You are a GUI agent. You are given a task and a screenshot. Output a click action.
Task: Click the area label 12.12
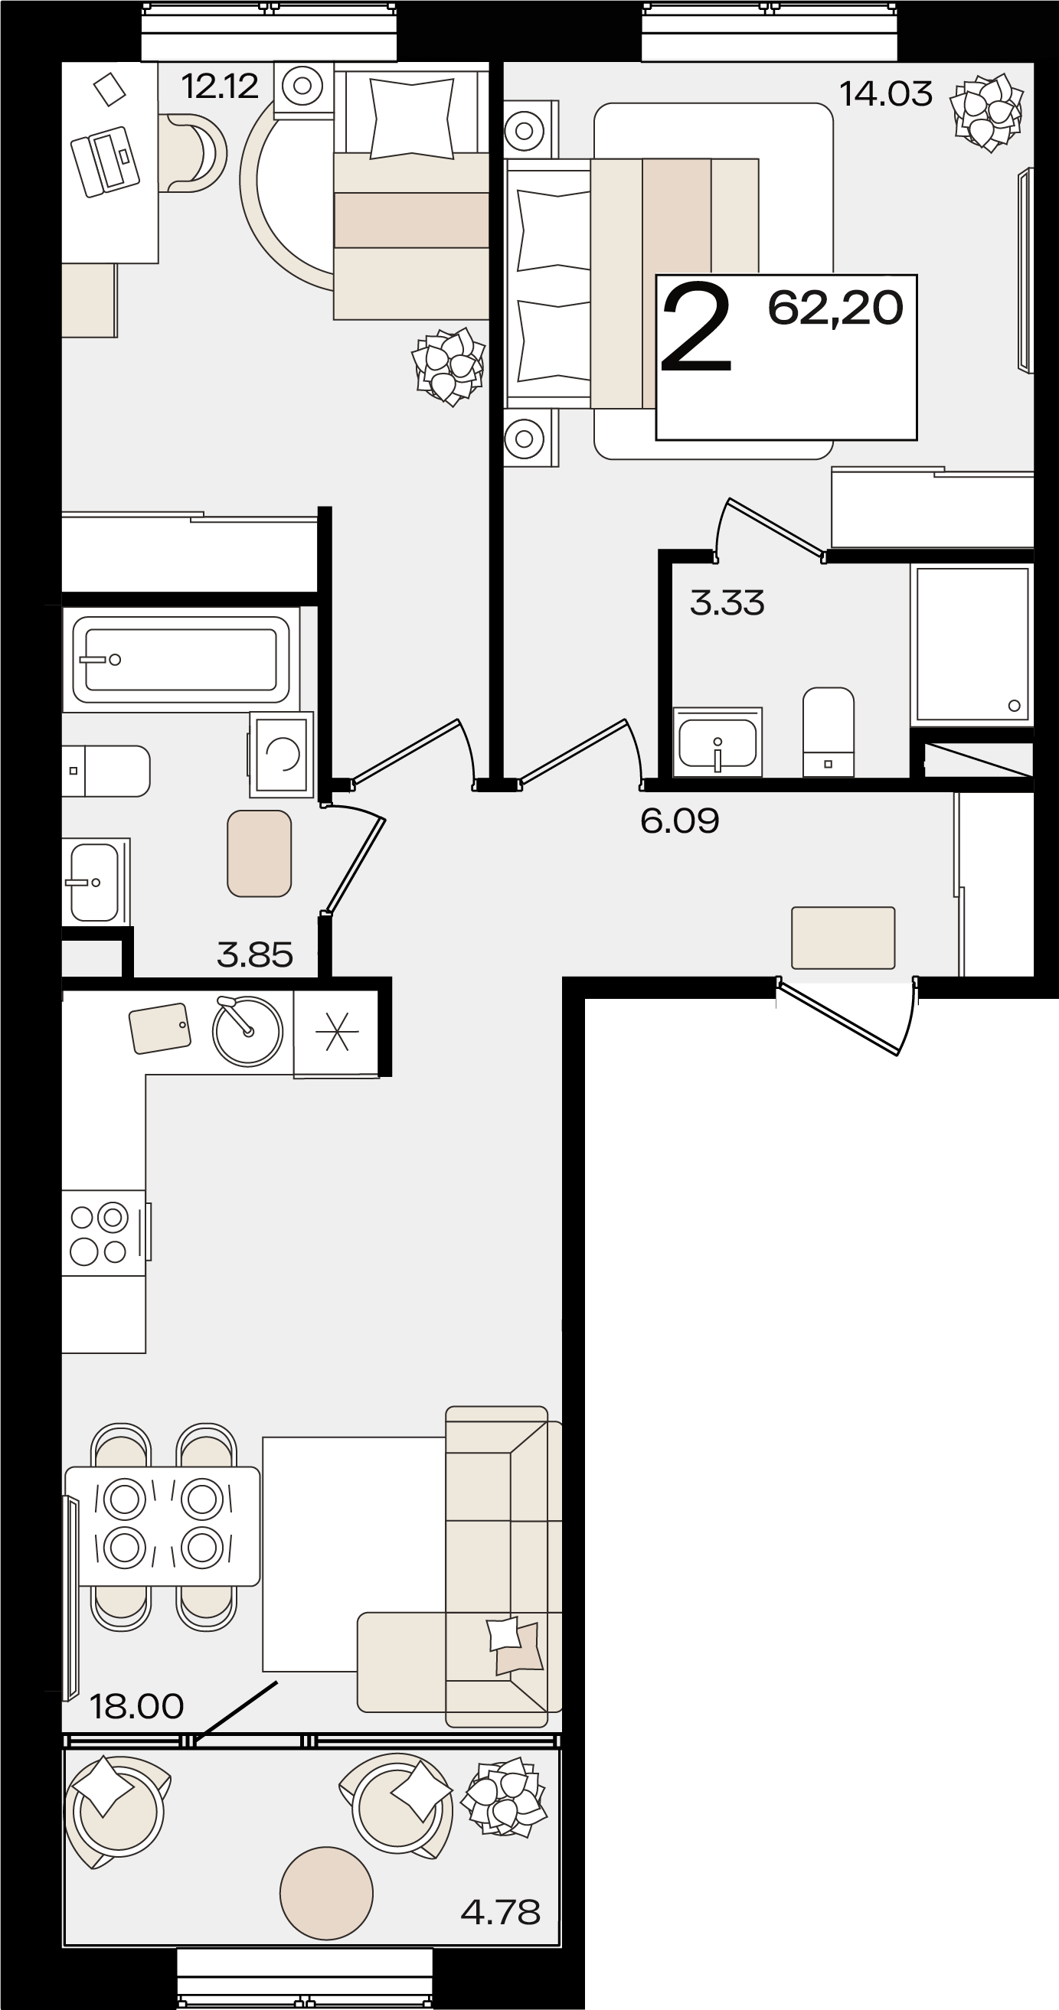click(219, 86)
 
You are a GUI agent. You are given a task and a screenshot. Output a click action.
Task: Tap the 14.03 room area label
click(886, 93)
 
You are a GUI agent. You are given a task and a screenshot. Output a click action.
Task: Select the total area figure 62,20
click(836, 308)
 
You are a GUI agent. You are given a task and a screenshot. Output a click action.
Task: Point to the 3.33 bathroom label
click(727, 603)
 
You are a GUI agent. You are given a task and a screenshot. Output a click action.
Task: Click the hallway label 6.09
click(680, 821)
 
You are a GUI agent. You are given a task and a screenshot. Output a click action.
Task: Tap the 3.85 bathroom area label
click(255, 954)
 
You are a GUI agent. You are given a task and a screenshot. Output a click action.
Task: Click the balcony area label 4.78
click(501, 1912)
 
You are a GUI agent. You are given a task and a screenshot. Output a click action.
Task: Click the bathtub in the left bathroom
click(181, 659)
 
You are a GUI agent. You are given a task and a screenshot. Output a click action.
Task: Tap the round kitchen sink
click(247, 1031)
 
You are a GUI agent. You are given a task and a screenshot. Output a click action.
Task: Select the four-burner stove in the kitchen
click(104, 1232)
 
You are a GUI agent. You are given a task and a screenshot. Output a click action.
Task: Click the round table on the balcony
click(326, 1893)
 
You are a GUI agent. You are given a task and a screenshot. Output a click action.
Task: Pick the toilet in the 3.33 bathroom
click(828, 732)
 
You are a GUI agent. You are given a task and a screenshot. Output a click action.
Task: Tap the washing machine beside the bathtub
click(282, 754)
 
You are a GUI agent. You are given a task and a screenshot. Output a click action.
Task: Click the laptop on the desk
click(105, 161)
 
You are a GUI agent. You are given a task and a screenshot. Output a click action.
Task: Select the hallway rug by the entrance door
click(843, 937)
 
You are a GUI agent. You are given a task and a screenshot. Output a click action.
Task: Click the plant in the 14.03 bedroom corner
click(987, 112)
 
